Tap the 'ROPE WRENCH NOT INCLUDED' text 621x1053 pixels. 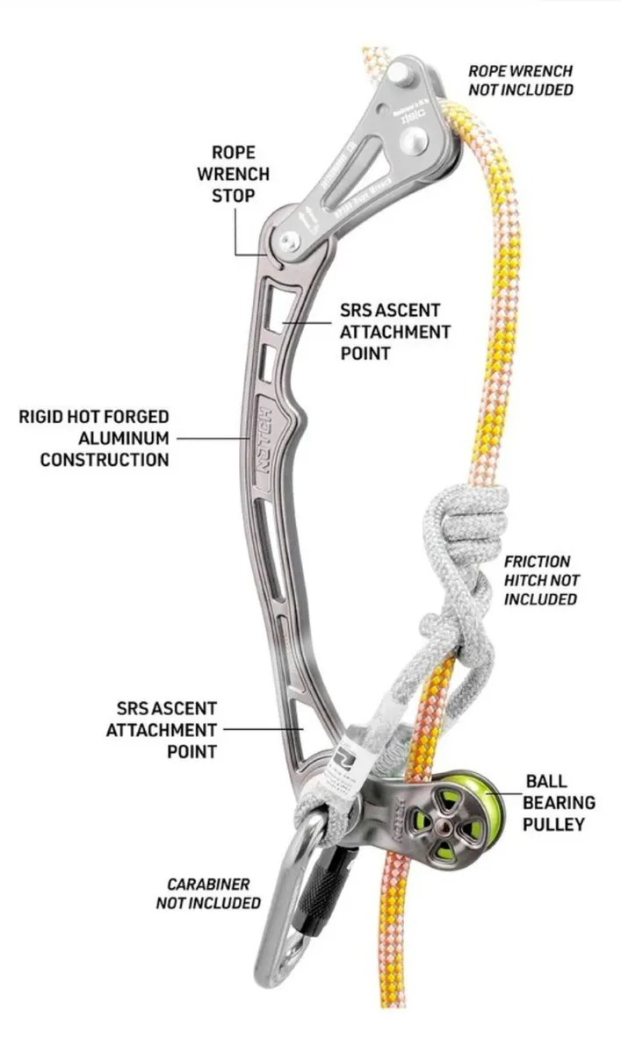[x=520, y=80]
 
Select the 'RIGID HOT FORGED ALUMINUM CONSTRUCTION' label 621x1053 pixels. [x=94, y=436]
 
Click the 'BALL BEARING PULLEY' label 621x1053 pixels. [x=559, y=801]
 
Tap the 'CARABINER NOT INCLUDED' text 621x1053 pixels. [x=208, y=892]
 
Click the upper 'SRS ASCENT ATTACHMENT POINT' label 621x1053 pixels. [x=394, y=332]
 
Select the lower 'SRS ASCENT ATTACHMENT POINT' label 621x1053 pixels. [x=167, y=728]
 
